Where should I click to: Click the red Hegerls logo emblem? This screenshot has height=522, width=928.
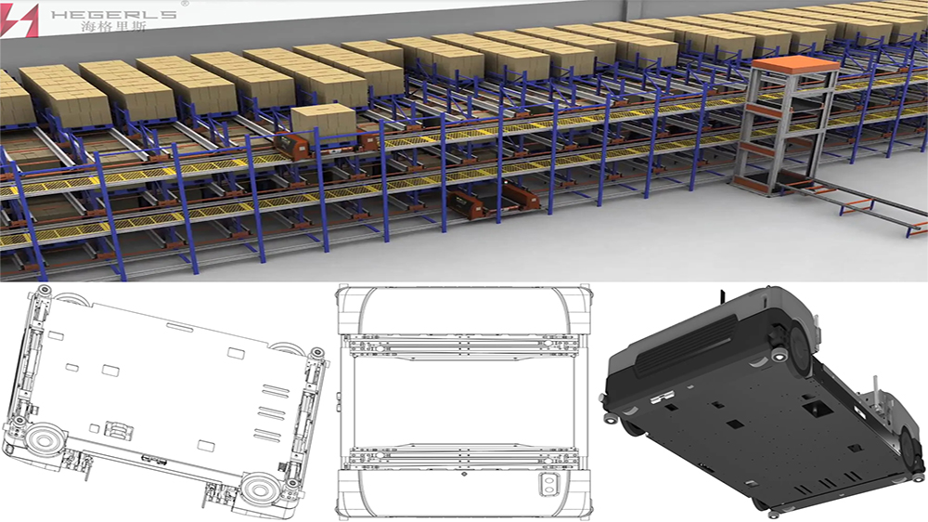point(19,20)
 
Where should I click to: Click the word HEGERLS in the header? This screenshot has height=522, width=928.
point(114,14)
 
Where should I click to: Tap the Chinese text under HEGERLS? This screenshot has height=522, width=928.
point(113,27)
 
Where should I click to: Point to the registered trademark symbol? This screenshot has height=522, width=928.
point(184,4)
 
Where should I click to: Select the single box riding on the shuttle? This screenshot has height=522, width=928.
point(323,123)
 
